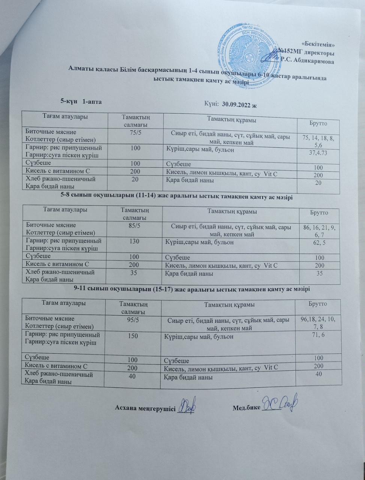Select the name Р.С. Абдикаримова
[307, 61]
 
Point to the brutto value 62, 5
[319, 243]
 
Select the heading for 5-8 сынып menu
[176, 196]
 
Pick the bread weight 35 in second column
[133, 273]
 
